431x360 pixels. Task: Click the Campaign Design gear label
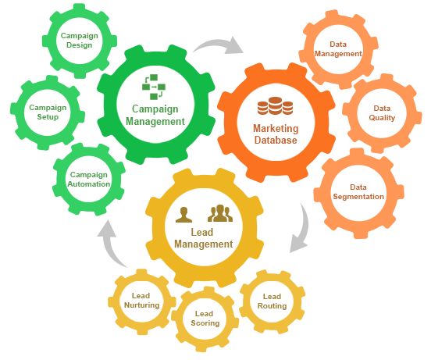[78, 40]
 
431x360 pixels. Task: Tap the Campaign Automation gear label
[88, 179]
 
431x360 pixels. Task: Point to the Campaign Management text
[154, 115]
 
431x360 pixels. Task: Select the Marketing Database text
[275, 134]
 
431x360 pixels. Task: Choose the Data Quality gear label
[382, 113]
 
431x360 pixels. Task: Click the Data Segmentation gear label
[358, 192]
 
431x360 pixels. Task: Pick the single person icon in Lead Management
[184, 213]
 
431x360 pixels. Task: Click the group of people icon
[220, 212]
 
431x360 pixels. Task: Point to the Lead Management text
[203, 238]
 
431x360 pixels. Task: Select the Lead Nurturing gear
[141, 300]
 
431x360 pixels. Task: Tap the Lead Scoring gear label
[205, 317]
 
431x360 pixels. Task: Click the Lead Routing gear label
[272, 301]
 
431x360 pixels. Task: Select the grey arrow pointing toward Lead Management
[300, 231]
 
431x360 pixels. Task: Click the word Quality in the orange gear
[382, 118]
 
